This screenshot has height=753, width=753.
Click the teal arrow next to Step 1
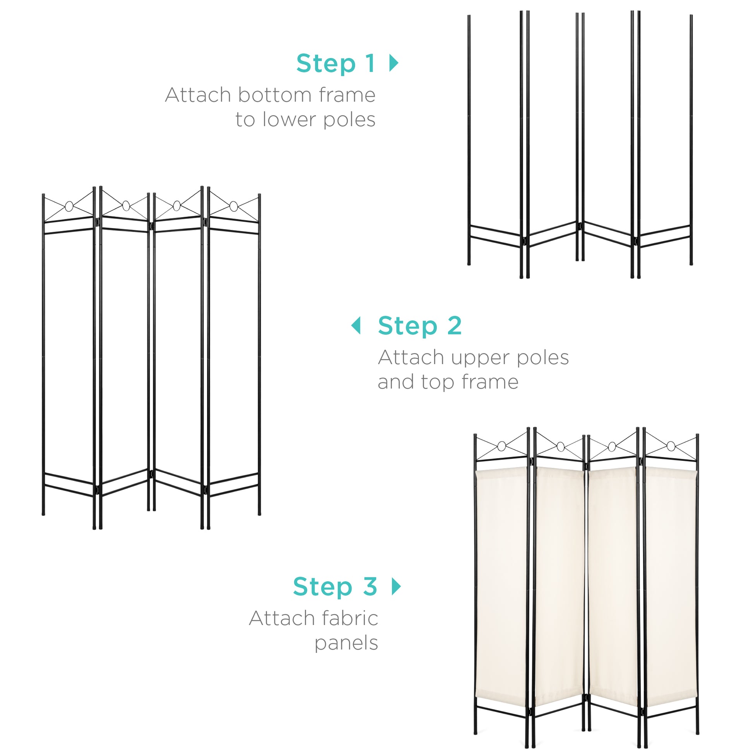(x=394, y=63)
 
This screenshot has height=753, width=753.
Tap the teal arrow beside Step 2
(x=356, y=325)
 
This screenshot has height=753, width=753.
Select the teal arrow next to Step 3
(x=396, y=586)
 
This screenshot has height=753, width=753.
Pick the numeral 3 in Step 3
(x=370, y=586)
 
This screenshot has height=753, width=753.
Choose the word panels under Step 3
(x=346, y=643)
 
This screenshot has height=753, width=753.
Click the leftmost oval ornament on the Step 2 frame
(x=69, y=206)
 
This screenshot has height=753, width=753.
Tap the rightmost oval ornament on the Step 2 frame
(x=233, y=206)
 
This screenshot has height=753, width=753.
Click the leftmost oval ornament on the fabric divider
(x=501, y=446)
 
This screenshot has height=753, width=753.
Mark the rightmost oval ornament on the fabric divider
(x=671, y=446)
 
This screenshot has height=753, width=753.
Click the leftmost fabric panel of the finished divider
(x=501, y=585)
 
